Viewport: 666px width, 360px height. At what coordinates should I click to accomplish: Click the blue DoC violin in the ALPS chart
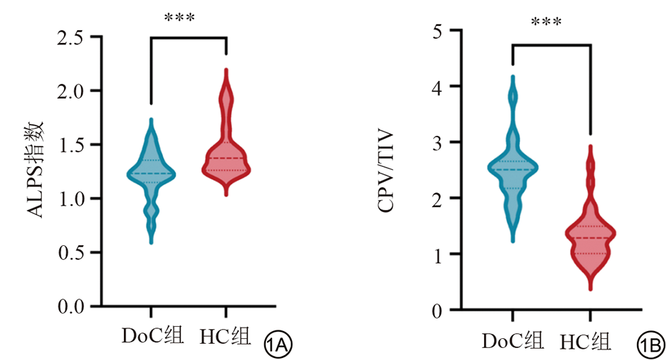pos(151,173)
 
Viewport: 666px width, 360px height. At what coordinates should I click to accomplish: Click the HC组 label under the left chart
pos(226,336)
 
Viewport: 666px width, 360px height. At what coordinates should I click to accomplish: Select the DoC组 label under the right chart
pos(513,341)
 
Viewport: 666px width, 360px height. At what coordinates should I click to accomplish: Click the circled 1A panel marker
pos(278,345)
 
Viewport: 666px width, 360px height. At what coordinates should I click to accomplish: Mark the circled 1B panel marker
pos(648,345)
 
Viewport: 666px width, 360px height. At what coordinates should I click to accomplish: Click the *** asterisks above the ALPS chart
pos(179,17)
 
